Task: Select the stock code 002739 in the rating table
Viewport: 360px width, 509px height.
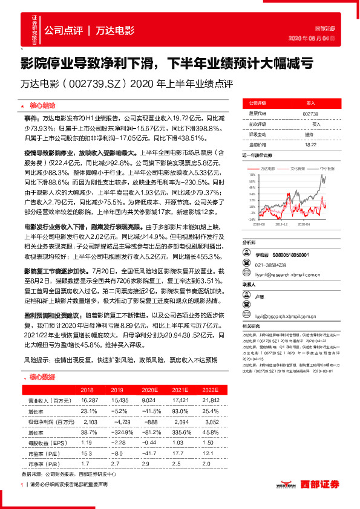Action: pos(310,113)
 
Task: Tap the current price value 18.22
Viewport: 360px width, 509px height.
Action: pos(310,144)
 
